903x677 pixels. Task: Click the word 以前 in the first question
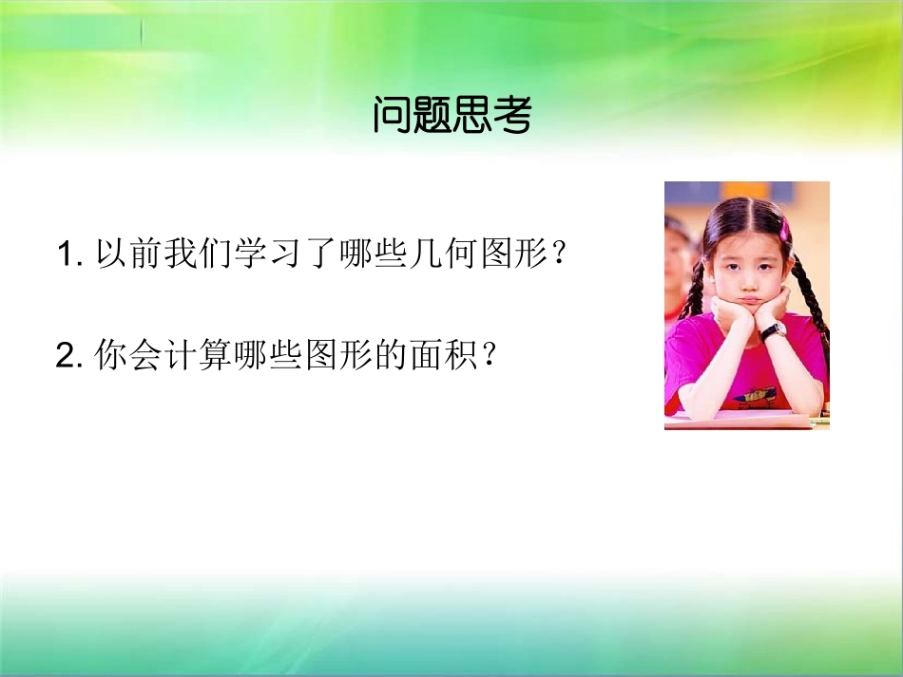click(129, 255)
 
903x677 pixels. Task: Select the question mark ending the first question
click(559, 255)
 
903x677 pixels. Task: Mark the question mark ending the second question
click(489, 355)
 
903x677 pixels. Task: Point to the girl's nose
click(746, 275)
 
